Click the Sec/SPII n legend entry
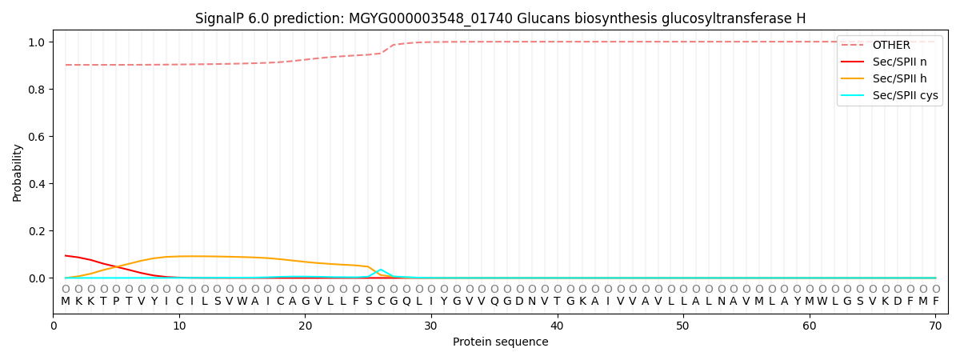[899, 62]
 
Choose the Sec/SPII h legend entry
[899, 78]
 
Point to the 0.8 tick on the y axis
[38, 90]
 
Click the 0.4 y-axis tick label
[38, 184]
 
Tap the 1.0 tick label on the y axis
[38, 42]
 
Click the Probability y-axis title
[18, 173]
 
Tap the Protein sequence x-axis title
[501, 342]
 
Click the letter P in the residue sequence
[116, 301]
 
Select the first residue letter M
[66, 301]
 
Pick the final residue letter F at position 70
[935, 301]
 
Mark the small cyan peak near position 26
[381, 270]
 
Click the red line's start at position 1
[66, 256]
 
